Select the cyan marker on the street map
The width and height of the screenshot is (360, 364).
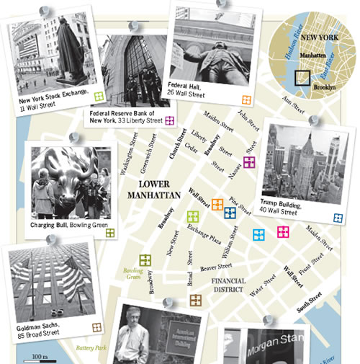tap(258, 234)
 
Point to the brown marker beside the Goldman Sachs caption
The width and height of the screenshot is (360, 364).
tap(96, 327)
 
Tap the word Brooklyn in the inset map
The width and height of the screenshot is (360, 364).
tap(328, 86)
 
